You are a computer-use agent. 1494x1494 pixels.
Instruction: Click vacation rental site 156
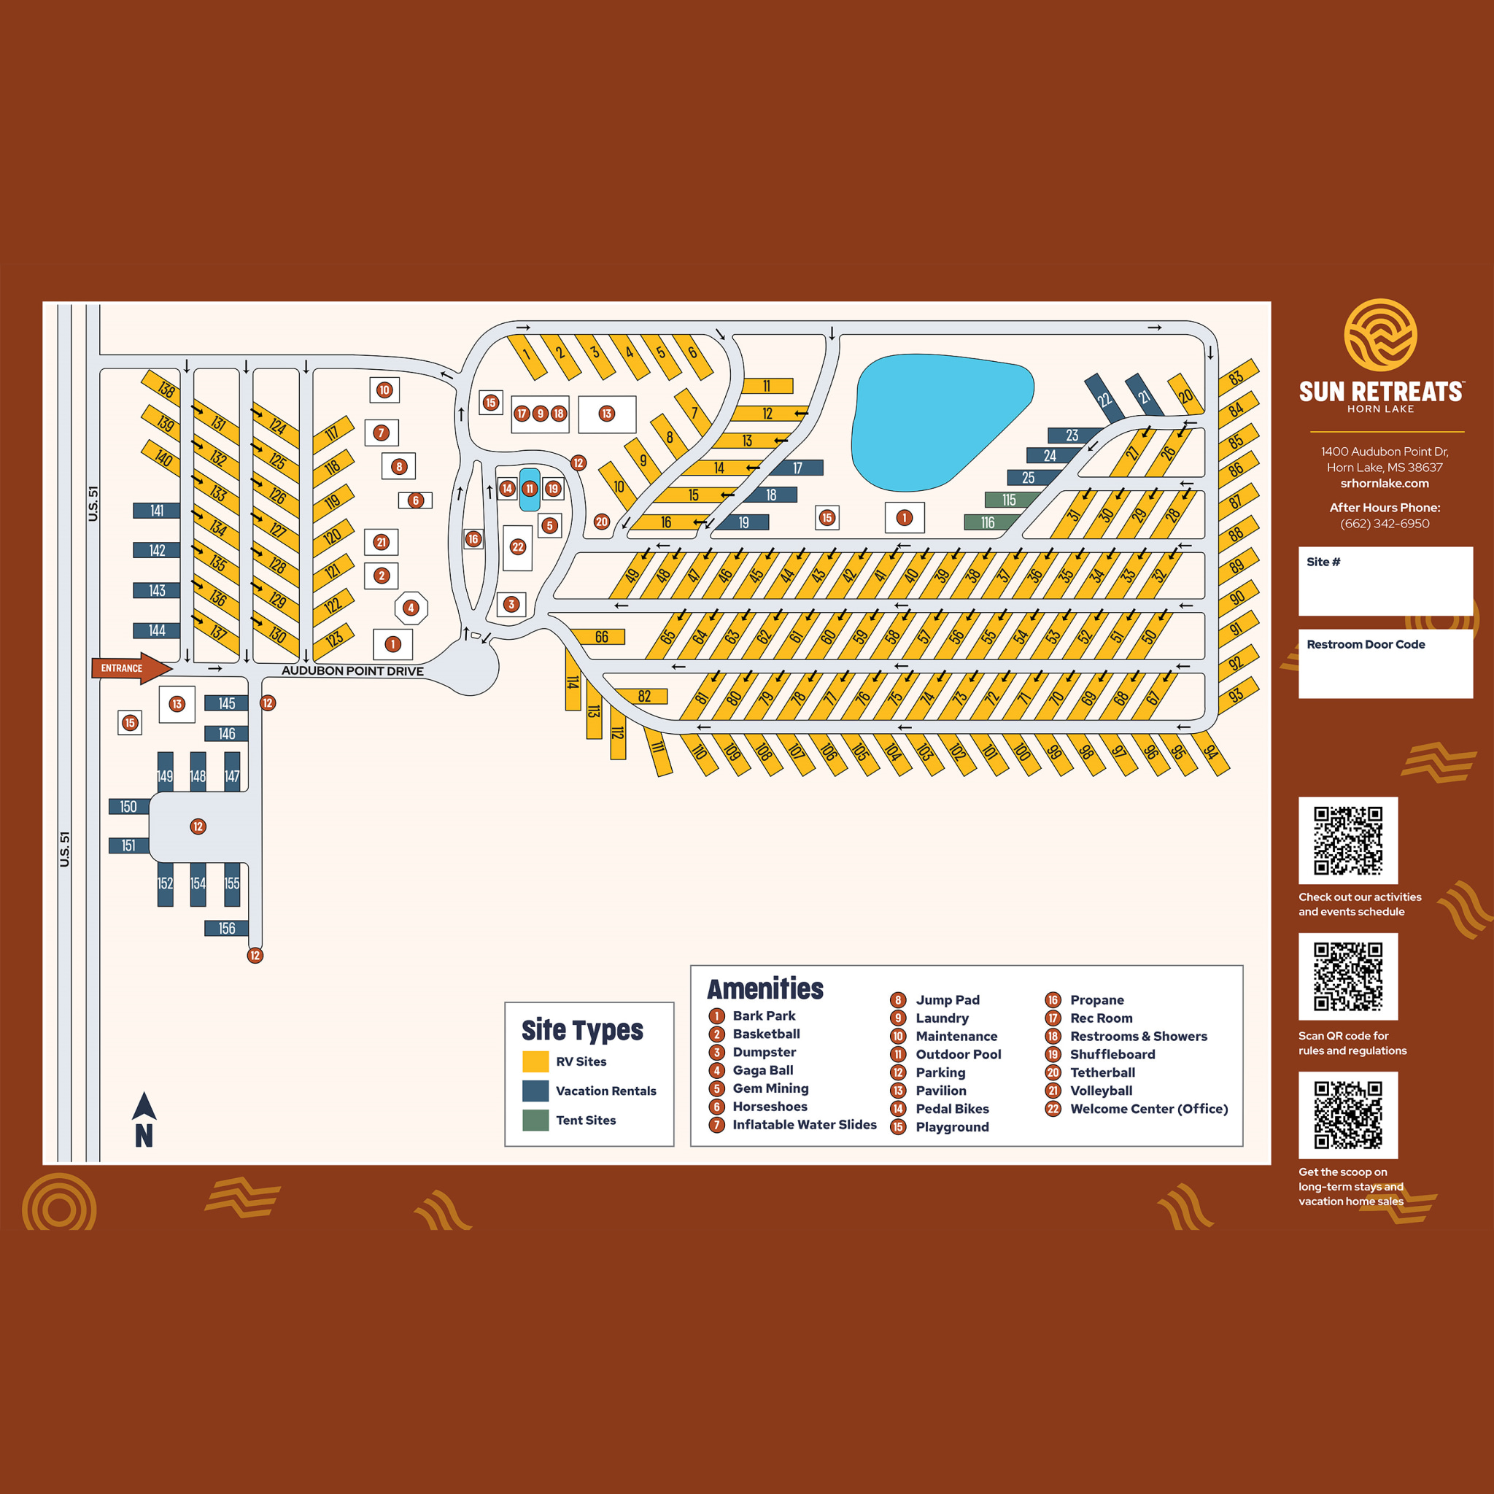coord(226,928)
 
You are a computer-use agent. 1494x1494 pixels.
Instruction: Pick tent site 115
coord(1009,500)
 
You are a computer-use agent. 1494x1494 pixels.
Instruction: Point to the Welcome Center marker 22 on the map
coord(517,546)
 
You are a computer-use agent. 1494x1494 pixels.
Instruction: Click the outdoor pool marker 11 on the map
coord(529,489)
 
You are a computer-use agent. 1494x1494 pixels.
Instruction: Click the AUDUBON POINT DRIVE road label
coord(352,670)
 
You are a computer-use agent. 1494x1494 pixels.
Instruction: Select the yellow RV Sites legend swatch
coord(535,1061)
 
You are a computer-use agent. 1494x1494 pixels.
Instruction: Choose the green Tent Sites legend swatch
coord(535,1120)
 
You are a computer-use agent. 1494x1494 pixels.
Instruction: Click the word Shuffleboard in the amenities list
coord(1112,1054)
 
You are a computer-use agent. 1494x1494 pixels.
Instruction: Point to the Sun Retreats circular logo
coord(1380,335)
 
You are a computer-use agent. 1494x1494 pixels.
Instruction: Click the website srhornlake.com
coord(1384,484)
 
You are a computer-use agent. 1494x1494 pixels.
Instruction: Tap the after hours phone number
coord(1384,524)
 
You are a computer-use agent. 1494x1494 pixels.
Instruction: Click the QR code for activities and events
coord(1348,840)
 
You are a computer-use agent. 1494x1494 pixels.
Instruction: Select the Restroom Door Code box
coord(1385,664)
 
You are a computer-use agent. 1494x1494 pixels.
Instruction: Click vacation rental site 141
coord(156,511)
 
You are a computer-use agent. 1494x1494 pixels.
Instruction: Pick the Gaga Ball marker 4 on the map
coord(411,608)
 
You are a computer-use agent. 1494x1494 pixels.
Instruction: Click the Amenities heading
coord(765,989)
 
